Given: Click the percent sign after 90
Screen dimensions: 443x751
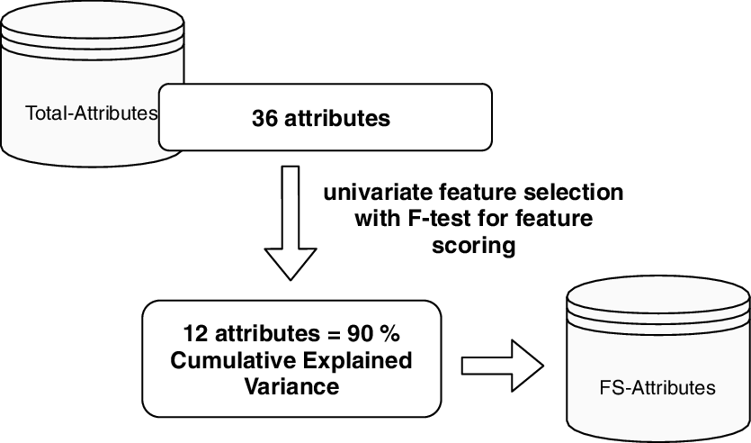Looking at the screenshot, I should (389, 334).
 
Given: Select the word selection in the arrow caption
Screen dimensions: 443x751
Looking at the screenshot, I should (575, 194).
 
